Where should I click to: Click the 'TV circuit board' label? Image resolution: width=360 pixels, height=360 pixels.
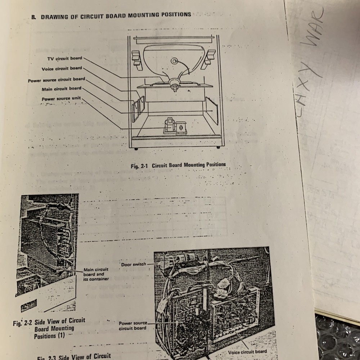pyautogui.click(x=64, y=58)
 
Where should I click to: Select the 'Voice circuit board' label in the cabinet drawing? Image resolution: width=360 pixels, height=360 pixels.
pyautogui.click(x=62, y=68)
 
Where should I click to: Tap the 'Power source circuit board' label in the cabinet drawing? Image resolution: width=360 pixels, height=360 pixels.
pyautogui.click(x=57, y=80)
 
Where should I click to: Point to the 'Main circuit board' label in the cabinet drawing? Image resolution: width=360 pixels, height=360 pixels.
pyautogui.click(x=61, y=89)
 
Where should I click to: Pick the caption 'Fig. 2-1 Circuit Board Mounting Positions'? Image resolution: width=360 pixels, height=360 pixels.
pyautogui.click(x=178, y=166)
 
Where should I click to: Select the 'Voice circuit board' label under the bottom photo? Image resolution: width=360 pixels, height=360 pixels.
pyautogui.click(x=247, y=352)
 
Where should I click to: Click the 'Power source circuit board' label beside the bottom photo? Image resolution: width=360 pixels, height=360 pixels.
pyautogui.click(x=133, y=325)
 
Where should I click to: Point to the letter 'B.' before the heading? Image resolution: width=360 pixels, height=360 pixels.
pyautogui.click(x=33, y=16)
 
